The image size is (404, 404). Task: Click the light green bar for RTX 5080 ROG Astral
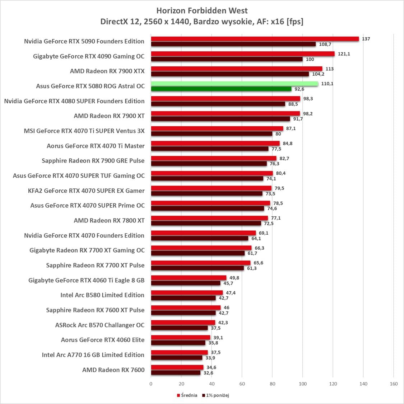[234, 84]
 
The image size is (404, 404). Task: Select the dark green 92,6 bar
[221, 89]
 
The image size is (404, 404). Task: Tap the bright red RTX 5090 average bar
[255, 39]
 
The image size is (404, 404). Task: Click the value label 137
[366, 39]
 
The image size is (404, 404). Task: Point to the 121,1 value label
[344, 54]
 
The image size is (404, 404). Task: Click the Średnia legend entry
[187, 395]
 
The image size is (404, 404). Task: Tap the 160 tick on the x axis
[394, 384]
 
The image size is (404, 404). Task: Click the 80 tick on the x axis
[272, 384]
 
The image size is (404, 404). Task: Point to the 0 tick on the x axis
[151, 384]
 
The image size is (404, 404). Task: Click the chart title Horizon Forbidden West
[202, 11]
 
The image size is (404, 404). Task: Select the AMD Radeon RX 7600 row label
[113, 370]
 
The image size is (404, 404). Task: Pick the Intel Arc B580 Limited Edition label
[102, 295]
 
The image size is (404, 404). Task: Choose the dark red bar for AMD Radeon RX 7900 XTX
[229, 74]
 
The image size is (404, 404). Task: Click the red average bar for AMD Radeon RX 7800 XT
[209, 218]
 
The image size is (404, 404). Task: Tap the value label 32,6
[208, 373]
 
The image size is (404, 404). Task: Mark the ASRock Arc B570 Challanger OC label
[99, 325]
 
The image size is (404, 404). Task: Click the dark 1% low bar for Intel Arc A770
[176, 358]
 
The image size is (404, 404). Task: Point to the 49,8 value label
[234, 278]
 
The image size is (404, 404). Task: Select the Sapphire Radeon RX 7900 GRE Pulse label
[93, 161]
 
